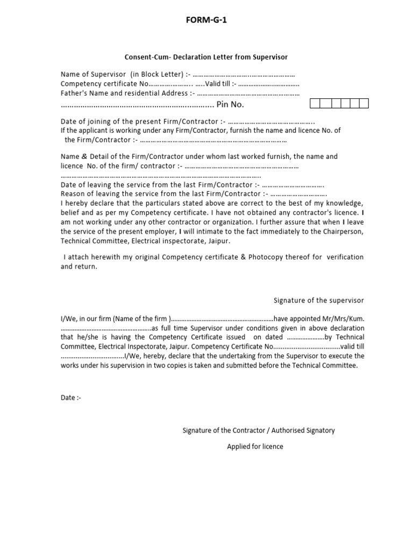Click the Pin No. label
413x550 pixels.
pos(230,104)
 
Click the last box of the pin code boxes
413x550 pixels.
pos(364,104)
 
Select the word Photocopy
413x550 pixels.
pos(271,257)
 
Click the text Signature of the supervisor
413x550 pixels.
pos(319,300)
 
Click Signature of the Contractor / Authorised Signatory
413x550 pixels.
pos(259,430)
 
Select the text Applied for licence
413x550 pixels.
pos(255,446)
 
